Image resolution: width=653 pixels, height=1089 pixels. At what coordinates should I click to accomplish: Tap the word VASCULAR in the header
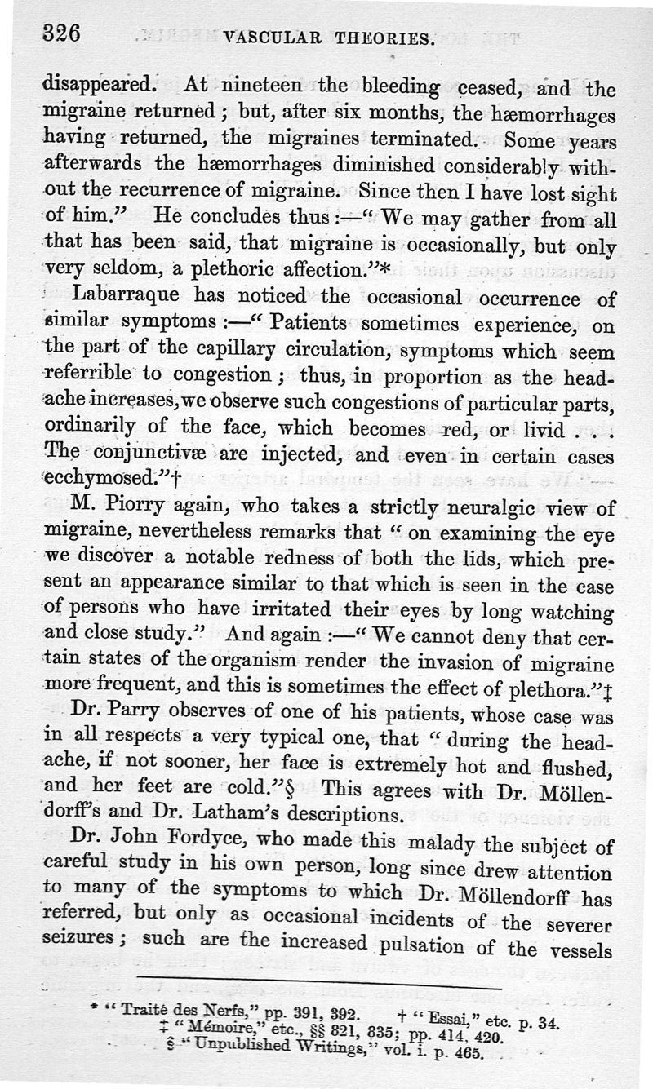tap(273, 37)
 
